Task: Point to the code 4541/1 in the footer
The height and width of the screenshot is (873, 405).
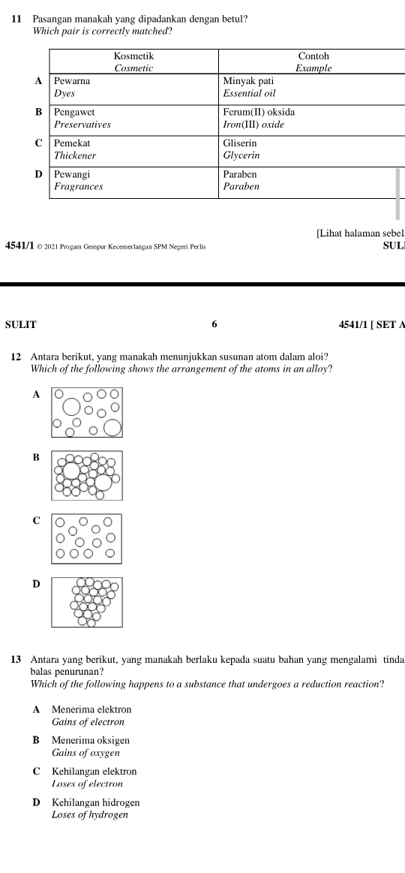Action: [x=19, y=246]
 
